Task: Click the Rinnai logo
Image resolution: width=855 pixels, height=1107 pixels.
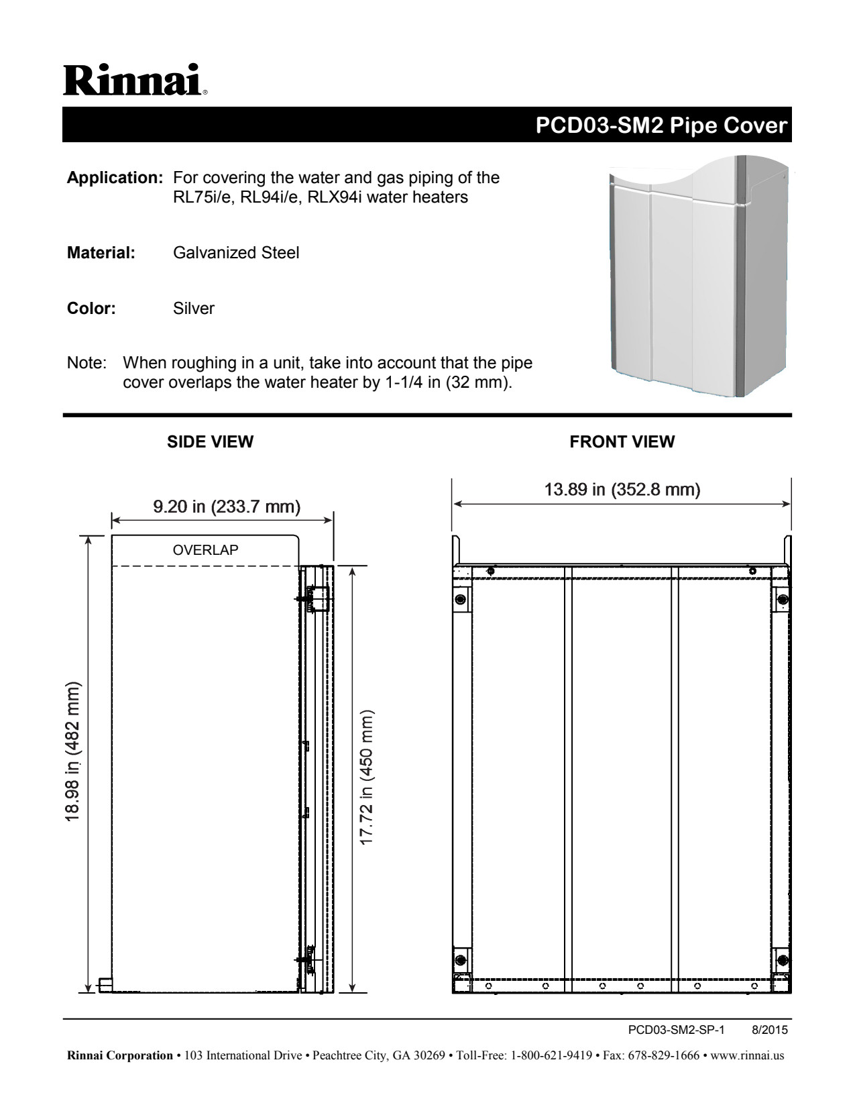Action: (x=135, y=81)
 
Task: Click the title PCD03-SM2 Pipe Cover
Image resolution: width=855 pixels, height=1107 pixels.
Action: (x=662, y=125)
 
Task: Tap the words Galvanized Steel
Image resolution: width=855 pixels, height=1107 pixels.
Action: (x=236, y=253)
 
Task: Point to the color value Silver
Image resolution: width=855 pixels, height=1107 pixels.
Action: (x=194, y=309)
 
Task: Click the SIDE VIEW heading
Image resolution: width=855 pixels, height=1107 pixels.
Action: (x=210, y=442)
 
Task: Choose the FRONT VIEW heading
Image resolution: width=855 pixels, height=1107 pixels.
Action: (x=622, y=442)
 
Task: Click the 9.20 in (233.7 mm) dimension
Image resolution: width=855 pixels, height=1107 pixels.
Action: (x=227, y=506)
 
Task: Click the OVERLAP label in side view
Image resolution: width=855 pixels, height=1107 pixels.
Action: (x=205, y=550)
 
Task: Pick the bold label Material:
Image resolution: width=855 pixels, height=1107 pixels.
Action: (x=101, y=253)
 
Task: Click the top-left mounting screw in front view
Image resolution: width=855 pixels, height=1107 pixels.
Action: (x=461, y=599)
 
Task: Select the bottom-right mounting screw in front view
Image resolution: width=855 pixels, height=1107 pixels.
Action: (x=782, y=959)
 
